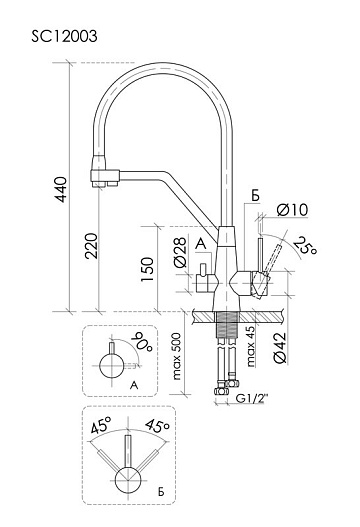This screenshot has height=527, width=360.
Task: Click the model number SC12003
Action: [x=65, y=36]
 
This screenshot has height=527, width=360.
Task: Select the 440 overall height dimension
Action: [x=61, y=190]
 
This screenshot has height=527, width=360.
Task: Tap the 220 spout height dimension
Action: [x=91, y=246]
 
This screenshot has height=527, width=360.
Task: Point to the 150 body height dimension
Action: [x=147, y=269]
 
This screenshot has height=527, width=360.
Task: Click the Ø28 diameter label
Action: [x=181, y=252]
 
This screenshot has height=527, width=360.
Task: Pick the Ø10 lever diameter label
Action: [x=292, y=210]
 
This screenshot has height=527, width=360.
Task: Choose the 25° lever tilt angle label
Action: [x=305, y=246]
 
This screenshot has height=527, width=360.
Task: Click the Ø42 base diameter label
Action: [x=280, y=348]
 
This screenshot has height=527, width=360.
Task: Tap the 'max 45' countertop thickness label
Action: [x=251, y=346]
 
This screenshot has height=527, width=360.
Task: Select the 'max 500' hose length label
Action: [x=176, y=357]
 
